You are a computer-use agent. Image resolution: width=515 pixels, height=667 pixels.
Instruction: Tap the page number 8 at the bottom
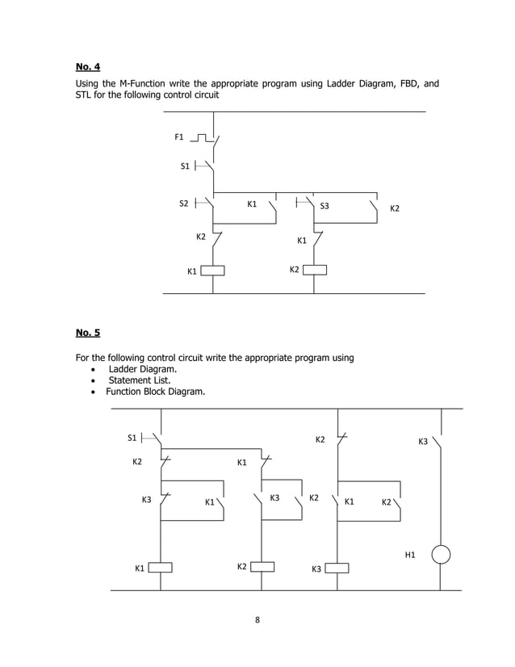tap(257, 620)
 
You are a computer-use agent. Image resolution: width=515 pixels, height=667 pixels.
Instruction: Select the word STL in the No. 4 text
tap(85, 96)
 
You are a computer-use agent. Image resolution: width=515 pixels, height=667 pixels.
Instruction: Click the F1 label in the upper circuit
tap(179, 137)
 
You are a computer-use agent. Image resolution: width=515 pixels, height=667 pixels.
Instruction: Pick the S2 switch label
tap(184, 203)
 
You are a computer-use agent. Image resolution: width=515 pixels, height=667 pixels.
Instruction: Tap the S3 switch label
tap(324, 206)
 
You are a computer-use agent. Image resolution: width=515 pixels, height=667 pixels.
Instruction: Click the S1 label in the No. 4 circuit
tap(185, 166)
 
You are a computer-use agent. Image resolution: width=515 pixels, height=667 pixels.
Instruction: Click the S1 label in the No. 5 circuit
tap(132, 438)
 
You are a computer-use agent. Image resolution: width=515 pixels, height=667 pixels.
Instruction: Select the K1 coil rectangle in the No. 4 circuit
tap(212, 271)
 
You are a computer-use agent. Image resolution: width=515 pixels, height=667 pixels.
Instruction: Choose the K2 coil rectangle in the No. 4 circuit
tap(314, 269)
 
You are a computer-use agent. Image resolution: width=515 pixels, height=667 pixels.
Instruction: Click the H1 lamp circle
tap(441, 555)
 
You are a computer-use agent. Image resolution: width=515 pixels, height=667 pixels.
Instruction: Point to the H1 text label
tap(410, 555)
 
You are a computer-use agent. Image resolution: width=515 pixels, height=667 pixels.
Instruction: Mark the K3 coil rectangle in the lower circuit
tap(337, 568)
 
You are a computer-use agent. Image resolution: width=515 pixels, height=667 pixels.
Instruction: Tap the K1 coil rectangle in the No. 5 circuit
tap(161, 568)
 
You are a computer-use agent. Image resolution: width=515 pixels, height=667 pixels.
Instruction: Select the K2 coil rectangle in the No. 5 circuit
tap(263, 567)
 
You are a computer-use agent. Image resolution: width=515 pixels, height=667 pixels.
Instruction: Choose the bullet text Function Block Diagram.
tap(155, 392)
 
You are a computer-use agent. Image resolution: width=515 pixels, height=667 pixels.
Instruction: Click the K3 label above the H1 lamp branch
tap(423, 442)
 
